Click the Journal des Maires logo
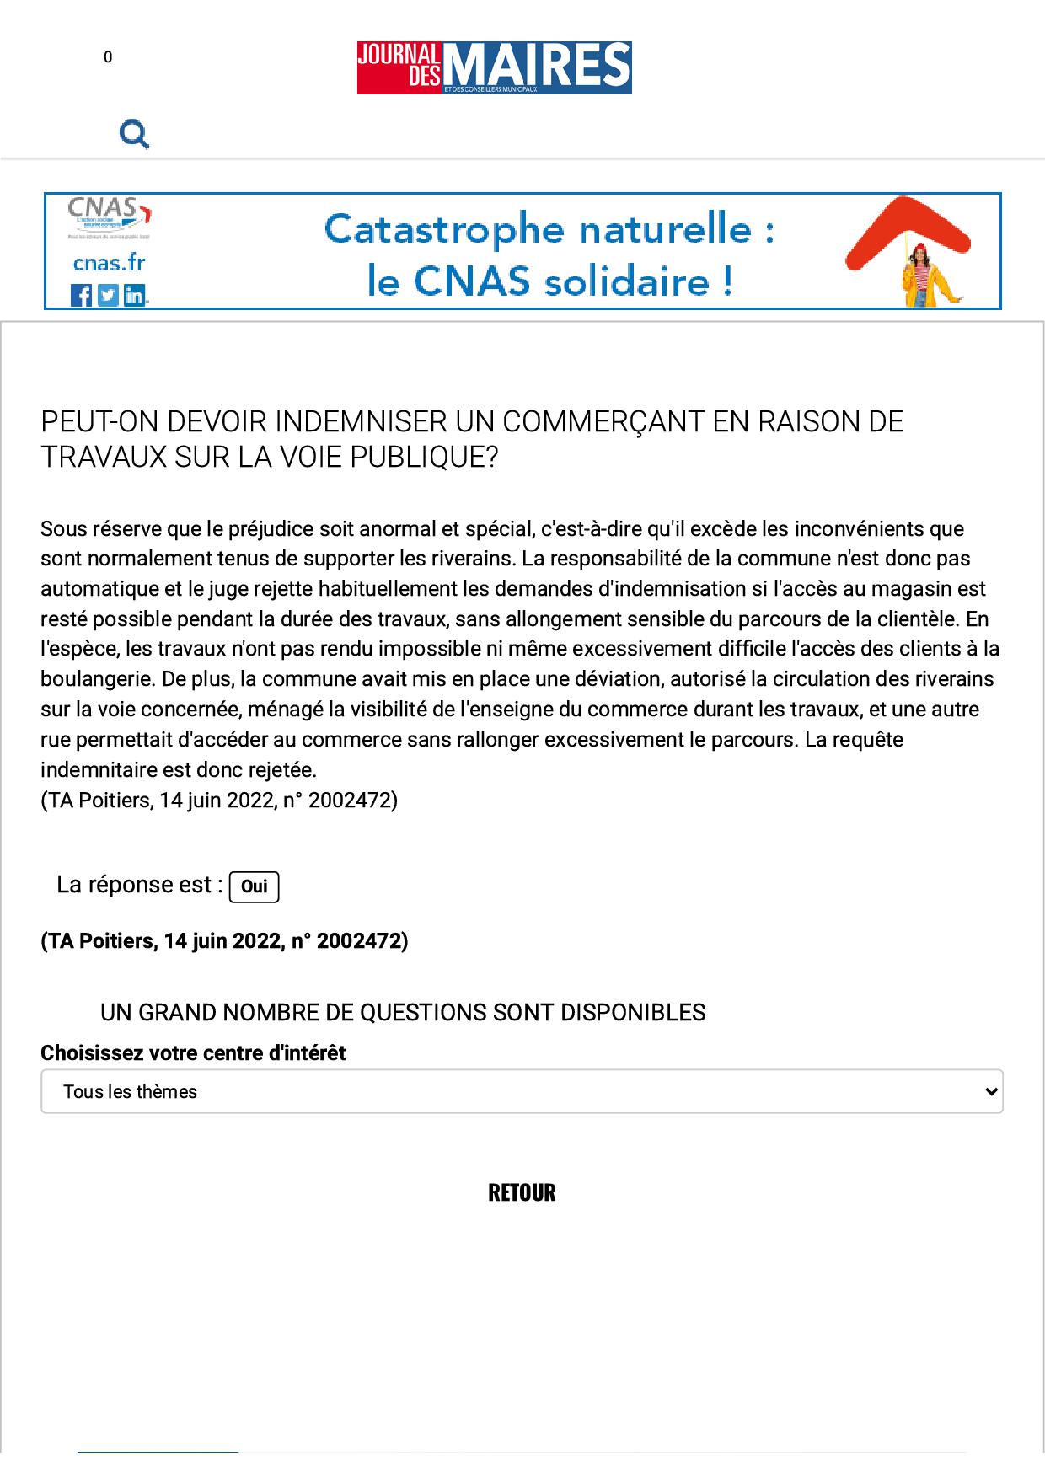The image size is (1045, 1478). [494, 67]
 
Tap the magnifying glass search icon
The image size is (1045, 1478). [134, 134]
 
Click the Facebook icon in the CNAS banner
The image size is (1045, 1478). [82, 295]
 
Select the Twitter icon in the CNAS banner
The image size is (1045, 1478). [108, 295]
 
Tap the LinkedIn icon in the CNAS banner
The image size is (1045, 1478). [135, 295]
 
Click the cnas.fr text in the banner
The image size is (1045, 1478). [109, 263]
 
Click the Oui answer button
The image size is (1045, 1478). [254, 886]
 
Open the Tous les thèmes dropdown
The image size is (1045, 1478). [522, 1091]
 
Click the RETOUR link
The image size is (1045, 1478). [522, 1192]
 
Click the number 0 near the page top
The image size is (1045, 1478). [108, 57]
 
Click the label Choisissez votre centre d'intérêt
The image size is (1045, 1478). [193, 1052]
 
